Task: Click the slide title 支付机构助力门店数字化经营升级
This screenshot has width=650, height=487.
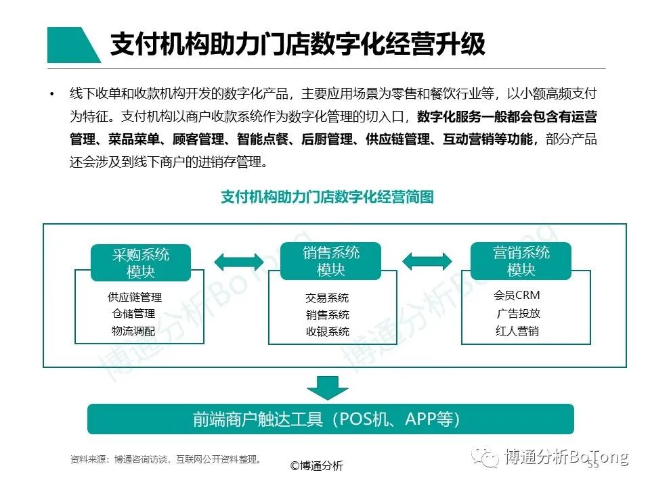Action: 298,45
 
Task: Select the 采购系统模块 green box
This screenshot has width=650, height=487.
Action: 141,262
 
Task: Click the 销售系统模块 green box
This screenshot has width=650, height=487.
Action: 331,261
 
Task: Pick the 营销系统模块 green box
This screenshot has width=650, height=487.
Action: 521,261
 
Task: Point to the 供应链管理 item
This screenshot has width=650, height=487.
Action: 135,297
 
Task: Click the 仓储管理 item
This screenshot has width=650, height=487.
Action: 133,314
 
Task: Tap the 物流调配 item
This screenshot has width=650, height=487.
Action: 133,331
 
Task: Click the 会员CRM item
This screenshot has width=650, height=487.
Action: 517,296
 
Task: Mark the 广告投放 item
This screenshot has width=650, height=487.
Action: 518,314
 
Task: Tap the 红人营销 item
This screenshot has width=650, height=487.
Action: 517,331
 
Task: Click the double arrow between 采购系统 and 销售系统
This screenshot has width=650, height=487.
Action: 238,261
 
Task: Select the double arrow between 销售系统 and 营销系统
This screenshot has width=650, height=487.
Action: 427,261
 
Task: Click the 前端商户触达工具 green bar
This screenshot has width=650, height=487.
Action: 330,419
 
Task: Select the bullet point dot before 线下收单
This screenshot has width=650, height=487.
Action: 52,94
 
